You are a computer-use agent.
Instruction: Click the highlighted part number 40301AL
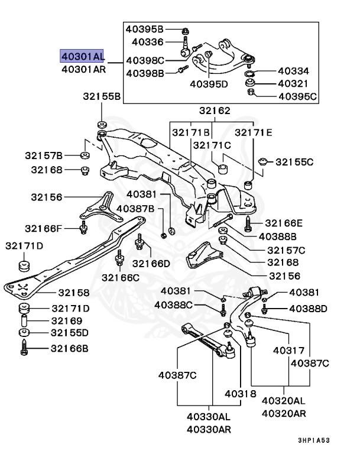point(83,56)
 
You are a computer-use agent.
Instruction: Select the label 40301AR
point(83,69)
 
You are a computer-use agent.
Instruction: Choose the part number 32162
point(215,111)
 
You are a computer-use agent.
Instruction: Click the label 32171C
point(212,145)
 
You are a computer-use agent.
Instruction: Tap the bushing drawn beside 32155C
point(265,160)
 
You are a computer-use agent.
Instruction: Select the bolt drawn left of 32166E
point(247,223)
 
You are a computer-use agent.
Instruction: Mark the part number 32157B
point(44,155)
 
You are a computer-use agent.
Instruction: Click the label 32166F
point(43,228)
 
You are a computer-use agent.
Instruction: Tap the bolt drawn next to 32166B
point(25,349)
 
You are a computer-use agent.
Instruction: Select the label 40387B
point(135,208)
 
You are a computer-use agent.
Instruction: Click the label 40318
point(240,394)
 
